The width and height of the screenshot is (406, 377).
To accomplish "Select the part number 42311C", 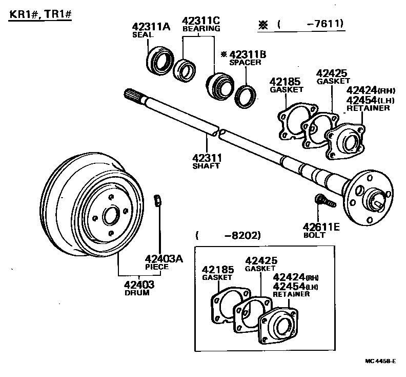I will tap(201, 21).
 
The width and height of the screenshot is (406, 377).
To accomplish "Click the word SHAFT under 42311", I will tap(206, 166).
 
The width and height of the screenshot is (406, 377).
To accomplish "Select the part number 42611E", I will tap(321, 227).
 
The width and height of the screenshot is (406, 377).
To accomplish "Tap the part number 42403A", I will tap(164, 259).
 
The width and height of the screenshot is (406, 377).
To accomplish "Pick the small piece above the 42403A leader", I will tap(158, 200).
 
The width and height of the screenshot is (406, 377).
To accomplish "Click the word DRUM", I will tap(137, 293).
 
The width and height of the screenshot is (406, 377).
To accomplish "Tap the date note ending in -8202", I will tap(228, 236).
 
